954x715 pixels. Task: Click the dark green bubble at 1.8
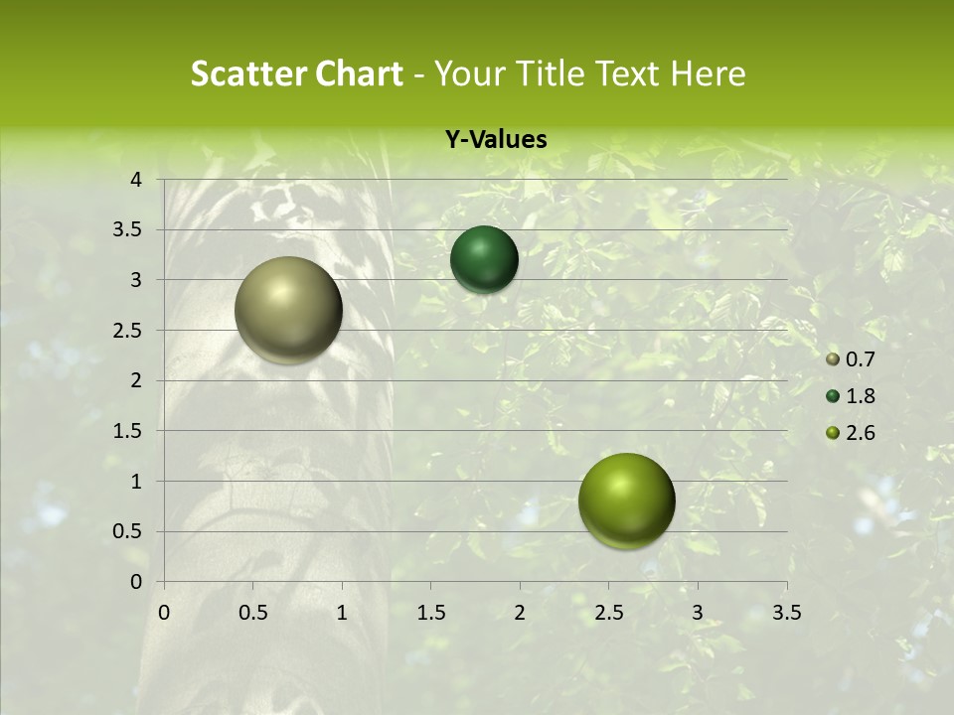pos(484,259)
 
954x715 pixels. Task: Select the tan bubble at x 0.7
pos(288,310)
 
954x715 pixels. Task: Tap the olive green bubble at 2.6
pos(626,500)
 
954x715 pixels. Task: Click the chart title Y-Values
pos(495,140)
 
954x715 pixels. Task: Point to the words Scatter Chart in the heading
pos(296,73)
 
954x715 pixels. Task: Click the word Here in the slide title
pos(708,73)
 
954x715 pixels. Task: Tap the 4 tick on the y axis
pos(136,180)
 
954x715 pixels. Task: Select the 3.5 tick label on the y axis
pos(129,230)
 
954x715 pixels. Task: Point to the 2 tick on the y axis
pos(136,380)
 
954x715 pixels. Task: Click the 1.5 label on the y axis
pos(129,431)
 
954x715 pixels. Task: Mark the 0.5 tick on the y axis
pos(129,531)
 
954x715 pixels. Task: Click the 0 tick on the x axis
pos(164,612)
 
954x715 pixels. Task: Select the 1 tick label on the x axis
pos(342,612)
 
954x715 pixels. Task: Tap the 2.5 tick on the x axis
pos(608,612)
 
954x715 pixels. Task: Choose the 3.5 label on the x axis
pos(786,612)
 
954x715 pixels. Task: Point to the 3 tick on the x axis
pos(698,612)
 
